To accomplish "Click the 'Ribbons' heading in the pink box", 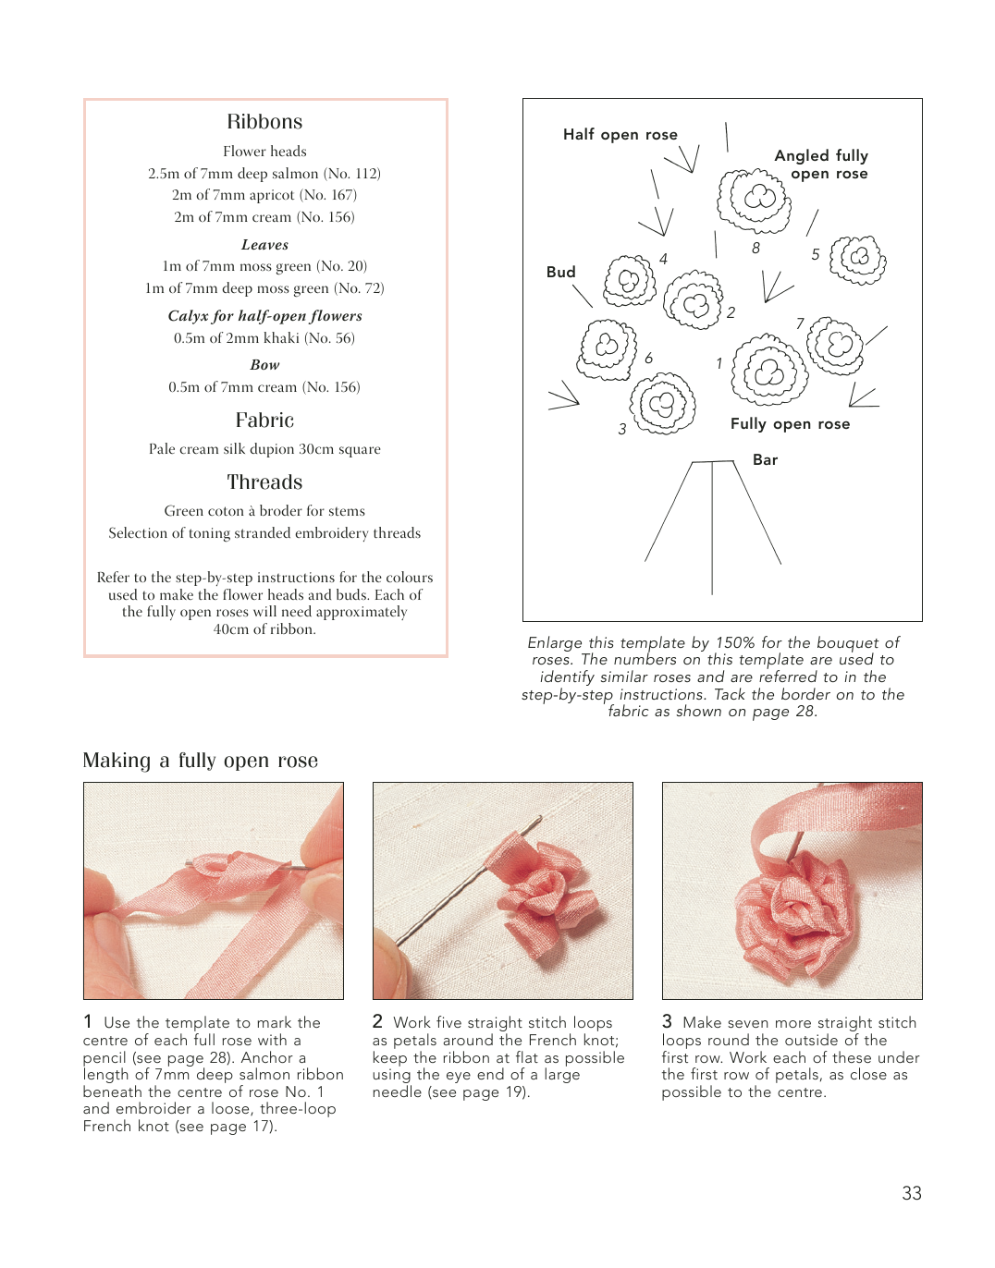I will [264, 122].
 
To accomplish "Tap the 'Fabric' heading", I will [264, 421].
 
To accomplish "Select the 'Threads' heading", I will [264, 482].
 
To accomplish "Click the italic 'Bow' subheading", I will [264, 365].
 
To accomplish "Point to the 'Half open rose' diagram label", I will [620, 135].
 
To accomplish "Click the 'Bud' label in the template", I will [560, 272].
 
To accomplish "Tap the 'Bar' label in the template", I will [765, 460].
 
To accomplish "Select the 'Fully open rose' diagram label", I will [790, 424].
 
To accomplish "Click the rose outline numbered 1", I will [769, 371].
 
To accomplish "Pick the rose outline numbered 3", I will [662, 403].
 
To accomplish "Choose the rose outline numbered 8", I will [755, 200].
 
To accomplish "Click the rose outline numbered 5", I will [858, 260].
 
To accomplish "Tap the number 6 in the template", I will [649, 359].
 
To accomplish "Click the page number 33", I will [912, 1193].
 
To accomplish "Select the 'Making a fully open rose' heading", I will [200, 761].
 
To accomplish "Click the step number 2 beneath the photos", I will [377, 1021].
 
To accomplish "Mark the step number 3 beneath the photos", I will [667, 1021].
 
